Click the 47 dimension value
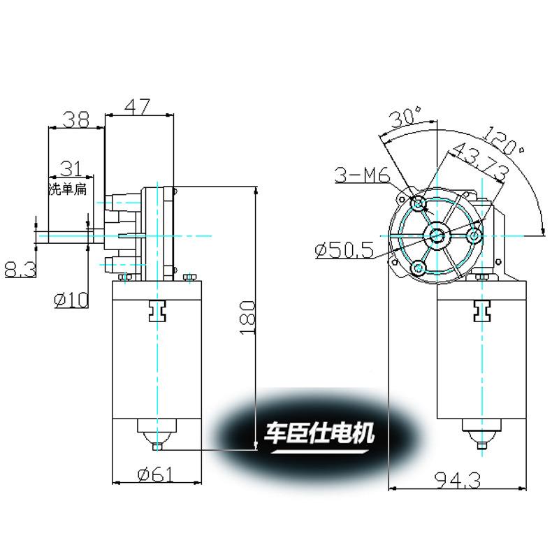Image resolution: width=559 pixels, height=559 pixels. (x=138, y=106)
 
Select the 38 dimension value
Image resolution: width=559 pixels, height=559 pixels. (x=75, y=119)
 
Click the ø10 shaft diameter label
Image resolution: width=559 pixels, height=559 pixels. (x=71, y=300)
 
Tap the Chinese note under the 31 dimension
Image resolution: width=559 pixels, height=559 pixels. (x=68, y=189)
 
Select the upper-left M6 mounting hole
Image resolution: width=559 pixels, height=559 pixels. (x=419, y=205)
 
